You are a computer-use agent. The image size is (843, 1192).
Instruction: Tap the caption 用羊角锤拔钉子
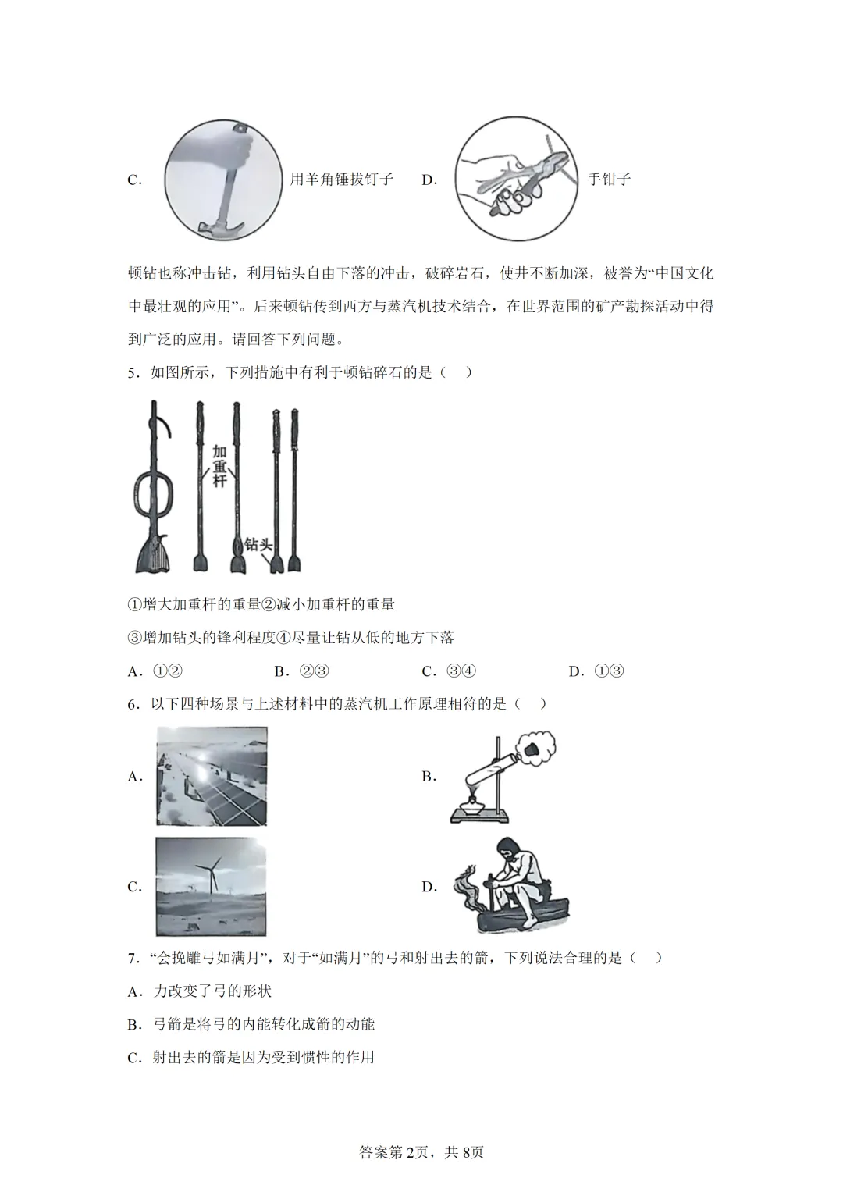coord(341,180)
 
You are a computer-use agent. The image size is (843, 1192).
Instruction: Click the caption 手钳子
coord(609,180)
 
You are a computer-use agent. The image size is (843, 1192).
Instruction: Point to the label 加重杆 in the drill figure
coord(219,467)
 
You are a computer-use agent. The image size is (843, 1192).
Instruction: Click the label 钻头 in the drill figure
coord(258,544)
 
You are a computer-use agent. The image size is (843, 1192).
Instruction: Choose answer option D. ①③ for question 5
coord(597,671)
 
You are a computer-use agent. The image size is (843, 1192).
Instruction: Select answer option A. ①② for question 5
coord(155,671)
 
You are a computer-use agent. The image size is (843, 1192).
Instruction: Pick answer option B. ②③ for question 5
coord(302,671)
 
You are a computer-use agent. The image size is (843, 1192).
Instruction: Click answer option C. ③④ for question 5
coord(450,671)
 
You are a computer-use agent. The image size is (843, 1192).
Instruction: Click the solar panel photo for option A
coord(212,776)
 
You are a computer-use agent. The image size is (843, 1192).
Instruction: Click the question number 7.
coord(133,958)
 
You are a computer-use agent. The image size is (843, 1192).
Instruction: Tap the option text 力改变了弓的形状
coord(212,991)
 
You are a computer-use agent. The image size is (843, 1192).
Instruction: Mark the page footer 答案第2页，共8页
coord(421,1152)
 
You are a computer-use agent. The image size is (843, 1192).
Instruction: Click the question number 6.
coord(133,704)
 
